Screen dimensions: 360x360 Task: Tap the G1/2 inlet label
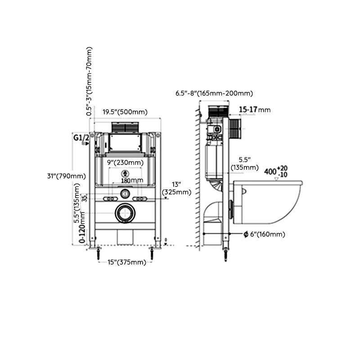80,138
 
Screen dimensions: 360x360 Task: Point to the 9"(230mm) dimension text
126,162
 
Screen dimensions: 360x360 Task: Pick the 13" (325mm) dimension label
176,188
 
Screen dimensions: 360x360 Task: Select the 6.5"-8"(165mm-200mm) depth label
214,93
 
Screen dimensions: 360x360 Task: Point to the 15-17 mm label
254,109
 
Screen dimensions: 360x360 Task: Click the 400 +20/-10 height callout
276,171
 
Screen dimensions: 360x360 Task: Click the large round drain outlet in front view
125,213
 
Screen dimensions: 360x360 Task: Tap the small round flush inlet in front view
125,194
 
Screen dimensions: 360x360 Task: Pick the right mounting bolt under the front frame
153,253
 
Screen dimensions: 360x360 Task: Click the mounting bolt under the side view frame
225,255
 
